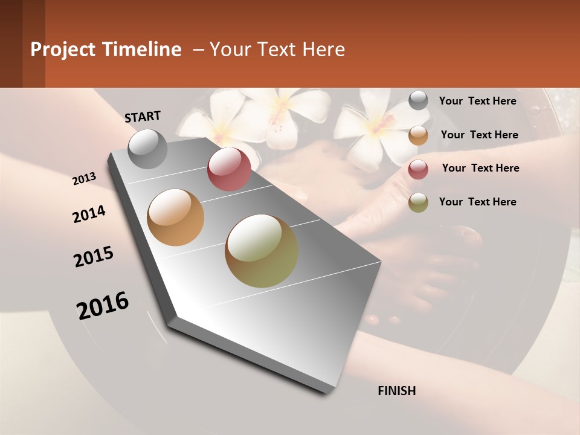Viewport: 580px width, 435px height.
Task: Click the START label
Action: coord(143,117)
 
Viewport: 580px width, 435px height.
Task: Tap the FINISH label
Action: coord(397,391)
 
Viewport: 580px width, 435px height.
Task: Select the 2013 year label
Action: coord(85,179)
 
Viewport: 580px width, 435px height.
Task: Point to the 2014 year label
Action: coord(89,214)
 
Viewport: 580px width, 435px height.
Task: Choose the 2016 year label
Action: coord(103,306)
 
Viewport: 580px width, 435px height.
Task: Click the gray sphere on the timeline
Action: coord(147,149)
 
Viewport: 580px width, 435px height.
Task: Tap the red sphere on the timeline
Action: coord(229,169)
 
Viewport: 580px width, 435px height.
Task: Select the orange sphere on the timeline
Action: coord(176,217)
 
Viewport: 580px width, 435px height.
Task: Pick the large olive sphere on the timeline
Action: coord(262,251)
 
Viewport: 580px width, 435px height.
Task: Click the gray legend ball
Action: coord(418,101)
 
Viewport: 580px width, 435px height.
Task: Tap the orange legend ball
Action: coord(418,135)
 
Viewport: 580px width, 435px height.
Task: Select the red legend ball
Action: coord(418,169)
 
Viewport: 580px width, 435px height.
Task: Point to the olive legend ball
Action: coord(418,202)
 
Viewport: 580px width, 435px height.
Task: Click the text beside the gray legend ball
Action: coord(477,101)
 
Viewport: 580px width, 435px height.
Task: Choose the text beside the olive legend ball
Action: coord(477,202)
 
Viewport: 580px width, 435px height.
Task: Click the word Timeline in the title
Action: coord(143,50)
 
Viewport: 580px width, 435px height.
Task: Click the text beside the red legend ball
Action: coord(480,168)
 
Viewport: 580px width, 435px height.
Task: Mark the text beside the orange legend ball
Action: coord(479,135)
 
